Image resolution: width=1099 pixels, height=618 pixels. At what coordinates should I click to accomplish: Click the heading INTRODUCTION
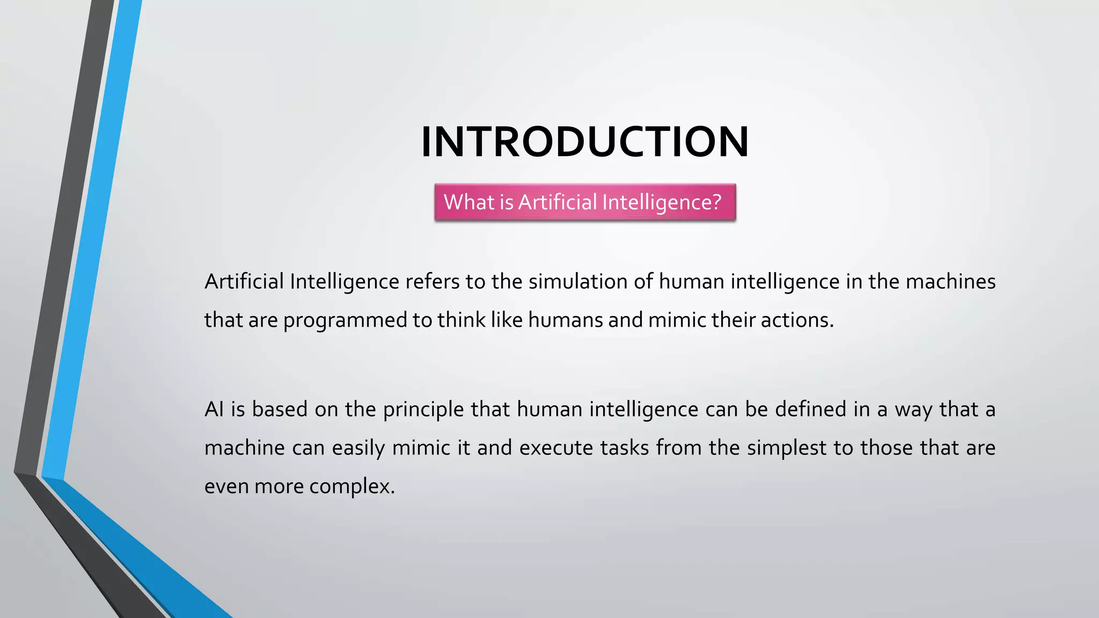(x=585, y=142)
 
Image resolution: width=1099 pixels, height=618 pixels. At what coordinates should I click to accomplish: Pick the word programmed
(x=345, y=320)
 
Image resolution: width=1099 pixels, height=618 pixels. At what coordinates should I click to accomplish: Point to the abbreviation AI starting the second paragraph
(x=214, y=409)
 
